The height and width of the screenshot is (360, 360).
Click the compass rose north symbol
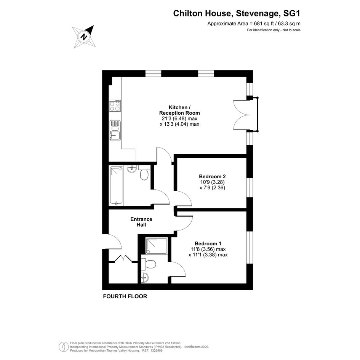(x=84, y=37)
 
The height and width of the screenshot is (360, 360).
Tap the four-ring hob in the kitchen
(x=115, y=106)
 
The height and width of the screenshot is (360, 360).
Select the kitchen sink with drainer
(x=115, y=130)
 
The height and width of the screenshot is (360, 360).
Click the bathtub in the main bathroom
(x=117, y=186)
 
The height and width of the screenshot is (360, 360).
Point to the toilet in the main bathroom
(x=144, y=173)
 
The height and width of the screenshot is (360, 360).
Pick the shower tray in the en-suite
(x=157, y=246)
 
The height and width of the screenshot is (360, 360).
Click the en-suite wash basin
(x=145, y=278)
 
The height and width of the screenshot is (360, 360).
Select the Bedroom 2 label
(x=212, y=176)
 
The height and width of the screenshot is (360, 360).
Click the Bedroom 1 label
(x=208, y=243)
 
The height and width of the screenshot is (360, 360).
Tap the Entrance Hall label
(x=141, y=222)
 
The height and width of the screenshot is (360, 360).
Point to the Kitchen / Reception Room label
(x=179, y=110)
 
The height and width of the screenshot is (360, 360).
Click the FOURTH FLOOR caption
(x=125, y=296)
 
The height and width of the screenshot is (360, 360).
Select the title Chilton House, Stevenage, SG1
(x=237, y=13)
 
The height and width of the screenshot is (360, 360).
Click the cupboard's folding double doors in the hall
(x=123, y=258)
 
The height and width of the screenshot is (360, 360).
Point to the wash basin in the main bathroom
(x=132, y=169)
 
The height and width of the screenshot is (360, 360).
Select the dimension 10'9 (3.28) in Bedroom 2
(x=212, y=182)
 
